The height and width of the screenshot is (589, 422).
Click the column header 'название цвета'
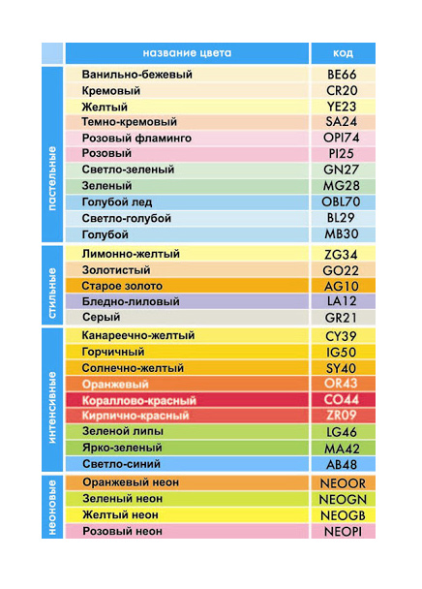click(187, 52)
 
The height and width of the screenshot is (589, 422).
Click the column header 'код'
click(343, 52)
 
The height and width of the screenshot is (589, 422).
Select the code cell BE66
click(343, 74)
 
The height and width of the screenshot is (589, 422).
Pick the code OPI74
click(343, 139)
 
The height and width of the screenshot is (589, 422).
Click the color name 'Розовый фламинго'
click(136, 139)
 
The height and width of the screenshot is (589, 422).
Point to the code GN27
click(343, 170)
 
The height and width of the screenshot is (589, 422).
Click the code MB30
click(343, 234)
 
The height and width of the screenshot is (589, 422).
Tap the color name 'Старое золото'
click(122, 286)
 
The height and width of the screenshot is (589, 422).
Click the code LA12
click(343, 301)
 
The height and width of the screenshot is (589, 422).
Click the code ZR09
click(343, 416)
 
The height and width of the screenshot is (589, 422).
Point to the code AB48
click(343, 463)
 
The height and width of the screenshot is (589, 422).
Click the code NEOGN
click(343, 499)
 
